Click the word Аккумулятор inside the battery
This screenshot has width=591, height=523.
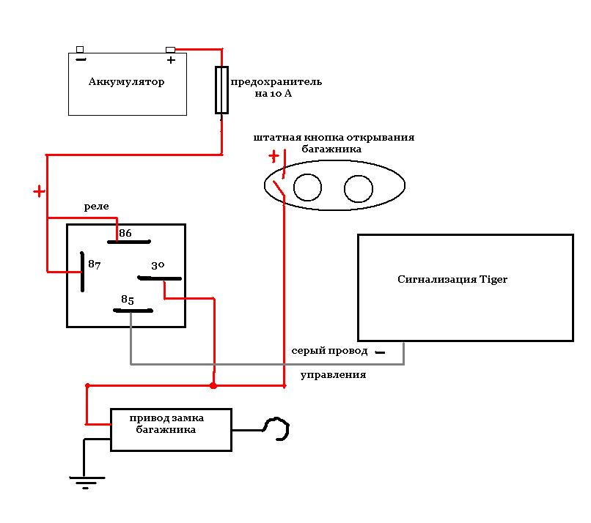click(126, 82)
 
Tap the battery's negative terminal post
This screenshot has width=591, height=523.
click(80, 49)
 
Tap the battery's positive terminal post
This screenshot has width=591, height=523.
click(170, 50)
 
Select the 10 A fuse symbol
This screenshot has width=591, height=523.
click(221, 90)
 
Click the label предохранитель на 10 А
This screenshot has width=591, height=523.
click(276, 87)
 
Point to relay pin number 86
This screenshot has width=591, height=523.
click(125, 233)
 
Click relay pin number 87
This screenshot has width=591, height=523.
click(95, 264)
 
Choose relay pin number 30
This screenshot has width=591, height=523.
click(158, 265)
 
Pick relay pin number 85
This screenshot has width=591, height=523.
click(128, 300)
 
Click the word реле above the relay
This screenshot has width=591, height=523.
click(97, 207)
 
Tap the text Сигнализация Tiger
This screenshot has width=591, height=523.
click(452, 279)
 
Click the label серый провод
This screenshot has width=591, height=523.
click(329, 351)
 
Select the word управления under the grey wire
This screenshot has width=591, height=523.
click(333, 375)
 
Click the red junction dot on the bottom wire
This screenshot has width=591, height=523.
click(213, 385)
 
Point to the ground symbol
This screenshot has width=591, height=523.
click(87, 482)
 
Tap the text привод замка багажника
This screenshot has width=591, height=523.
click(166, 423)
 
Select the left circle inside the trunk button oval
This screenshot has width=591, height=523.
click(307, 188)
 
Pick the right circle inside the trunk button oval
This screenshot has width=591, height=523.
click(359, 189)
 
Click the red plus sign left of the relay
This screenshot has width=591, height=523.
click(39, 192)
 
